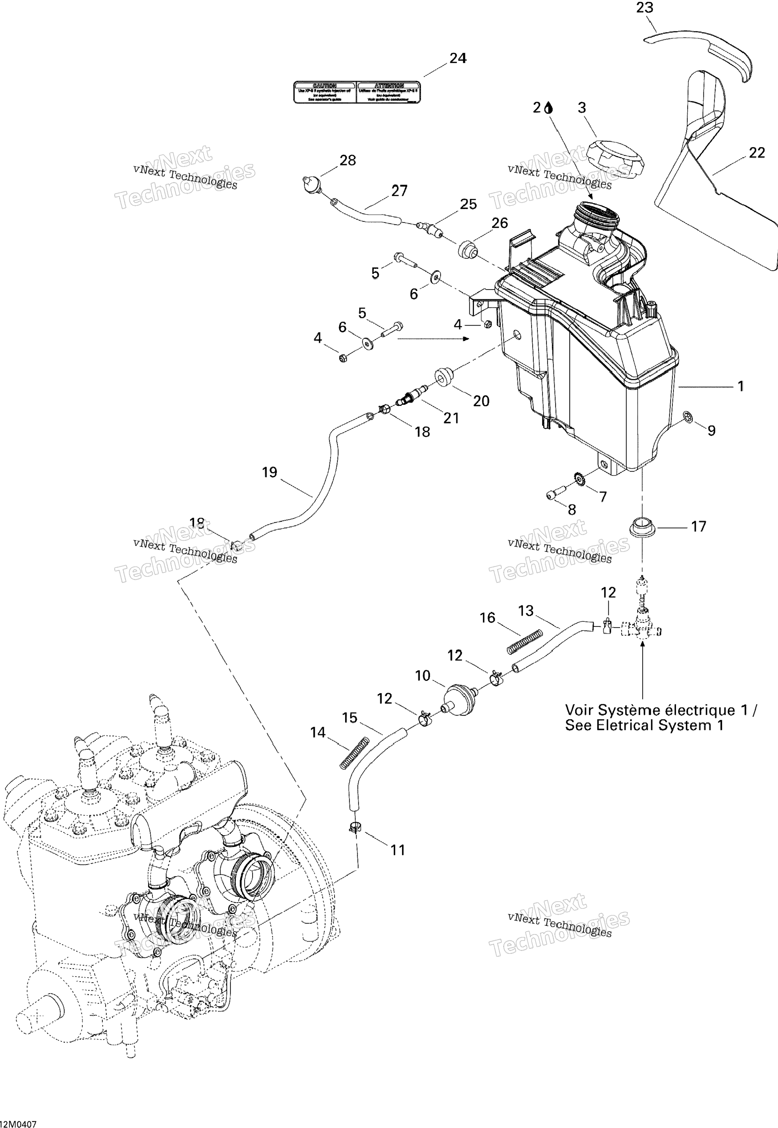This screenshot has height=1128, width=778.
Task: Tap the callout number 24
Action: [458, 58]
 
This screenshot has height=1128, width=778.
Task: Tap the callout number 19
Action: [269, 472]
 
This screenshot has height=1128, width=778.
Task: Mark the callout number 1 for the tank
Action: [741, 386]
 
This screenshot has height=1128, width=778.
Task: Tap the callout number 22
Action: [756, 153]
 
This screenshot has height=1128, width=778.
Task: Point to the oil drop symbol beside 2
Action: [549, 108]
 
